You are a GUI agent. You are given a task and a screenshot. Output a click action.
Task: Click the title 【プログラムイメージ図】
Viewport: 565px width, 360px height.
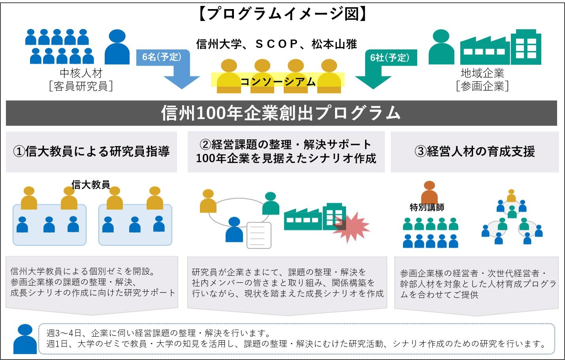coord(282,14)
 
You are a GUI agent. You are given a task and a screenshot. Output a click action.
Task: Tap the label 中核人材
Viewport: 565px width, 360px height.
coord(81,73)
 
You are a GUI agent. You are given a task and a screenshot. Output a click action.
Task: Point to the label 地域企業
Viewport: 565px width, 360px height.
coord(482,73)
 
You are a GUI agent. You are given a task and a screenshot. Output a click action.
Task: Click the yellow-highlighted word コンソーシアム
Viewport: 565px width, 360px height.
coord(278,81)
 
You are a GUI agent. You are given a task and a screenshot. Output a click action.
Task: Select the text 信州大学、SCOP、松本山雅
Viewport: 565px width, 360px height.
coord(277,44)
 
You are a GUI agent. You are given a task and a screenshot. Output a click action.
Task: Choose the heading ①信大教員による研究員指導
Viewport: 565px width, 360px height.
coord(91,151)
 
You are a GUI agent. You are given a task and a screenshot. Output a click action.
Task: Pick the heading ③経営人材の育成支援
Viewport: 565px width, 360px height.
coord(475,151)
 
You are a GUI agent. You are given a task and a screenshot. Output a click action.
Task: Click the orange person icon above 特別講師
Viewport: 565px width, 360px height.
coord(429,192)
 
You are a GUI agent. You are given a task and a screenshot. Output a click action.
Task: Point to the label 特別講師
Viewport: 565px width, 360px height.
coord(427,207)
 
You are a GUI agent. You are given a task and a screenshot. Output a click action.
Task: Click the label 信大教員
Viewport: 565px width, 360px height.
coord(90,185)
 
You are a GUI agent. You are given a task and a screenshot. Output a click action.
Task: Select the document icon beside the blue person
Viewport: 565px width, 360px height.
coord(259,235)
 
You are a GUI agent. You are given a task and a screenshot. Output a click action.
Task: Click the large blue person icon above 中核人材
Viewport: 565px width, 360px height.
coord(117,47)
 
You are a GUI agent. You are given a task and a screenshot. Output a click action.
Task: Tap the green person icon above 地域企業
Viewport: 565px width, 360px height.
coord(441,47)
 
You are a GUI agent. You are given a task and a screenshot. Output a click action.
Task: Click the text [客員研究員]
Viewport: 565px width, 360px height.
coord(81,86)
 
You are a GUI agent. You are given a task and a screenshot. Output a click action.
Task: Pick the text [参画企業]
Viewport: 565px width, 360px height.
coord(482,86)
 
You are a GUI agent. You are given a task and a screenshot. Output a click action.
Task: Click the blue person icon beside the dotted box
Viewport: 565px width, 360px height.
coord(25,339)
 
